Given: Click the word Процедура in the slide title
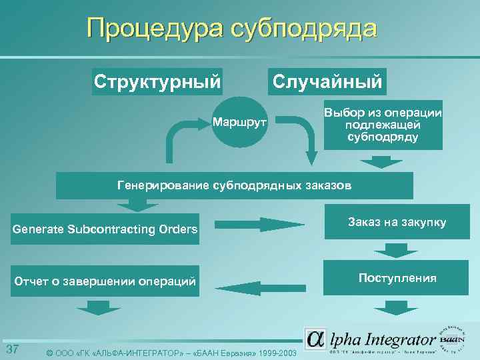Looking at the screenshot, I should coord(154,29).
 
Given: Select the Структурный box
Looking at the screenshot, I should coord(157,81).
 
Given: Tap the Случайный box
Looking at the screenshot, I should coord(326,81).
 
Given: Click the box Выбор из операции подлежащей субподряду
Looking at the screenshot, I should coord(383,125).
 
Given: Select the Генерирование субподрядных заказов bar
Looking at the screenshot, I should coord(234,185).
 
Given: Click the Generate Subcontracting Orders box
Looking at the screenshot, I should coord(105,229).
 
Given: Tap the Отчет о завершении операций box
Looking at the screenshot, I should coord(105,282).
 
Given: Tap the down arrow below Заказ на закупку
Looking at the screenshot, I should coord(390,251).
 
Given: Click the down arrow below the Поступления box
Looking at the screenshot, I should coord(390,307).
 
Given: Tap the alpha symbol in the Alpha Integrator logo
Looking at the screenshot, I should coord(315,339).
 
